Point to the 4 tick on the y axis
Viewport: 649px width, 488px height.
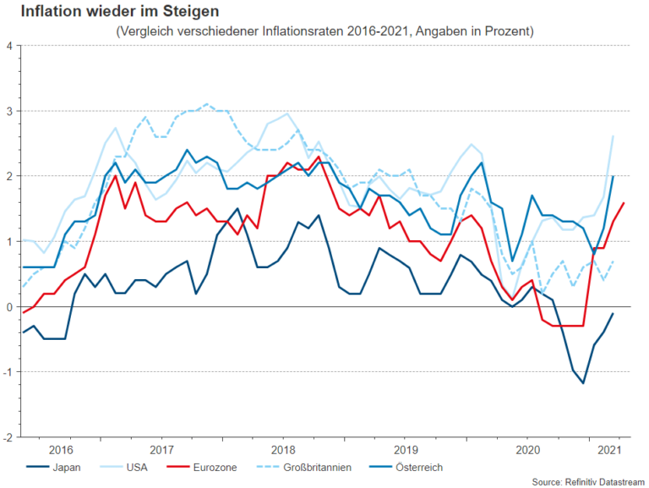tap(8, 46)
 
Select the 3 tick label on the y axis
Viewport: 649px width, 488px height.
tap(8, 111)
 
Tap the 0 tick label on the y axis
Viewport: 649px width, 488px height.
tap(8, 307)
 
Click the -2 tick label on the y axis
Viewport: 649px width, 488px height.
tap(7, 437)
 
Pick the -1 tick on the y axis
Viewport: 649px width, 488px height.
tap(7, 372)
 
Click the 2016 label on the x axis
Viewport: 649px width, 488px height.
tap(62, 449)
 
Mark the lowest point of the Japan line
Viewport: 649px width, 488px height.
tap(583, 383)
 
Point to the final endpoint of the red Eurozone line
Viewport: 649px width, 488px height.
tap(624, 203)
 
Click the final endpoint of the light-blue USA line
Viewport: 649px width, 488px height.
tap(613, 136)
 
